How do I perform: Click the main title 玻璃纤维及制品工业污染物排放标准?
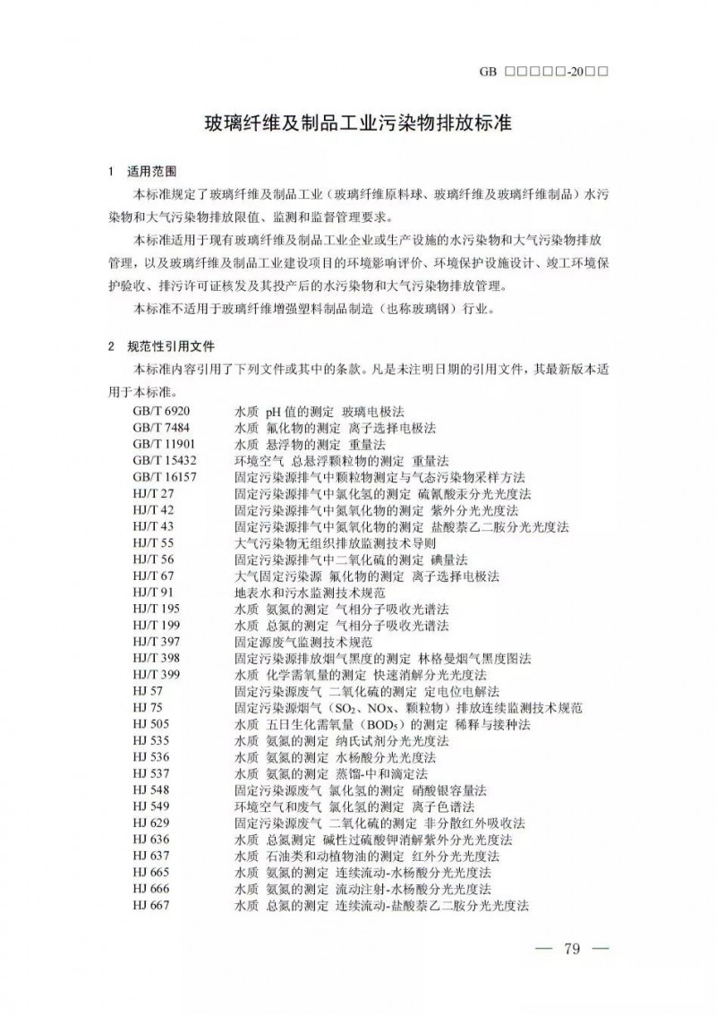(x=357, y=123)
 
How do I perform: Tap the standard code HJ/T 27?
(x=153, y=493)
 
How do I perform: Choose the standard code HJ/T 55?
(x=153, y=543)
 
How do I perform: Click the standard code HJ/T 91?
(x=153, y=593)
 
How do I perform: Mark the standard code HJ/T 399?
(x=157, y=675)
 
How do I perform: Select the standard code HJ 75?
(x=147, y=708)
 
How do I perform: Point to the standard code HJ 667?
(x=150, y=906)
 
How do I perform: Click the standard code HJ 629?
(x=150, y=823)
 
